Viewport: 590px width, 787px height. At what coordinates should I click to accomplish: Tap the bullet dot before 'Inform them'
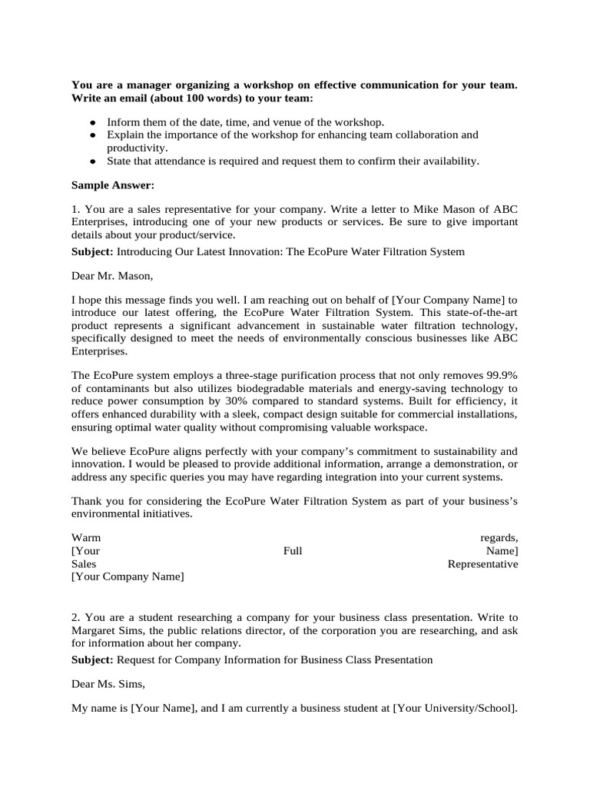point(92,123)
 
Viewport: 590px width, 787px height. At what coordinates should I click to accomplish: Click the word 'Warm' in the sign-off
point(86,537)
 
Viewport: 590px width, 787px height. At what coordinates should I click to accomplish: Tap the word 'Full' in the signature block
point(293,550)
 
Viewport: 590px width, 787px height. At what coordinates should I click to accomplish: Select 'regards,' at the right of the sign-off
point(499,537)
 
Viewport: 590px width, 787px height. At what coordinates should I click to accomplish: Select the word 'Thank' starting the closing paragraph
point(87,501)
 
